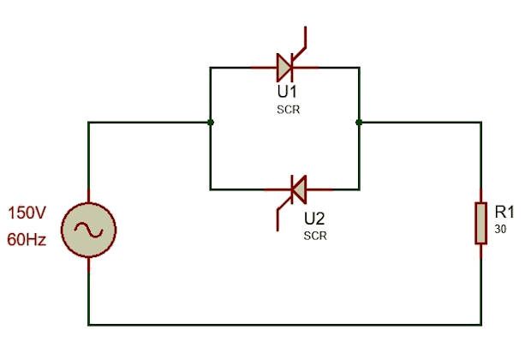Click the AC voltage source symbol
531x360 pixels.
click(89, 227)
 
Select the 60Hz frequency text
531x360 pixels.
click(27, 241)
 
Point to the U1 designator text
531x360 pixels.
click(285, 92)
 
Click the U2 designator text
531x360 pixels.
click(315, 218)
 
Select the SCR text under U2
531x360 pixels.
click(315, 235)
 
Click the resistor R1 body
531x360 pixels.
click(480, 223)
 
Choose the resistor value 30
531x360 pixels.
click(500, 230)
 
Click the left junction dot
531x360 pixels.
click(211, 123)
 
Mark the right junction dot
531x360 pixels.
click(358, 123)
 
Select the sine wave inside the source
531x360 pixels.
click(89, 228)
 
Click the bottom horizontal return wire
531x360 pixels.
click(283, 324)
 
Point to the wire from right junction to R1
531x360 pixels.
click(420, 123)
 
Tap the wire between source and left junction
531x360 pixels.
click(150, 123)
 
